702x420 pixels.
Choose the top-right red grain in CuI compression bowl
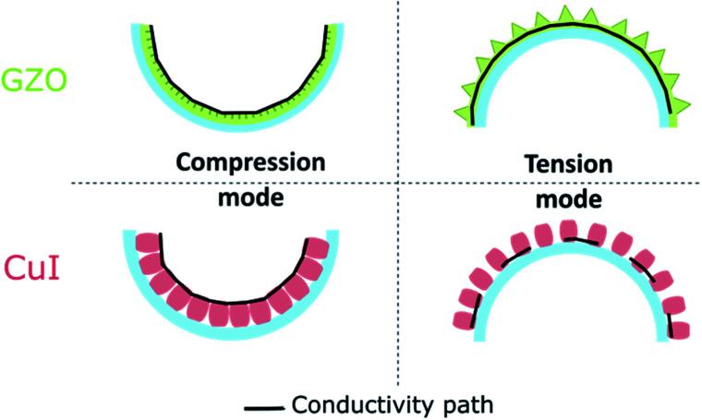319,248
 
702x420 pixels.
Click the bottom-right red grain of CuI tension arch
681,328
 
